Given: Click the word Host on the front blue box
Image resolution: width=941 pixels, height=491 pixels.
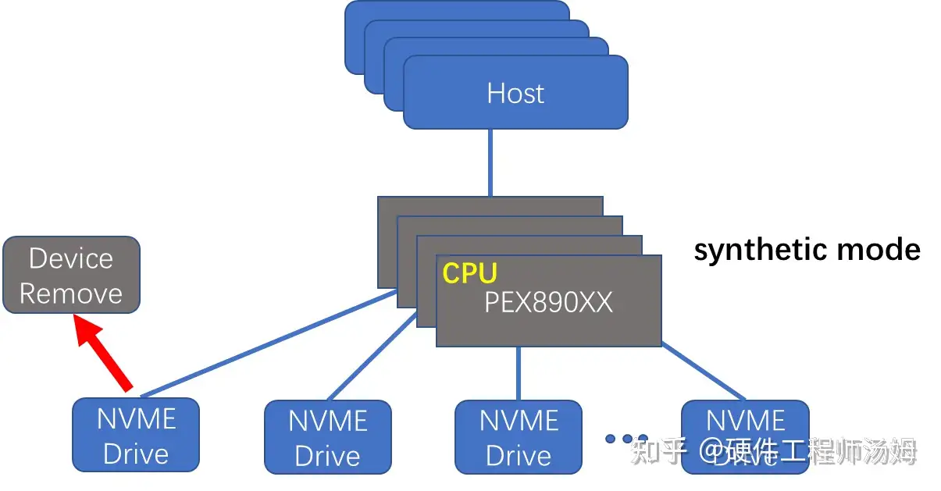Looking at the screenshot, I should point(515,94).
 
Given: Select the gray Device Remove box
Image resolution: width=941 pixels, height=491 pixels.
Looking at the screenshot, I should point(71,276).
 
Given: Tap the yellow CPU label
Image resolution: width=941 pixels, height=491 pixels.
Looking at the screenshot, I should point(470,273).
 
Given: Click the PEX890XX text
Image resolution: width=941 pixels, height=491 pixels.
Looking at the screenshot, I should point(548,302).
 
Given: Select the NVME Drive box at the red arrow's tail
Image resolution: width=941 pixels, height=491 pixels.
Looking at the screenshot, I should point(136,435).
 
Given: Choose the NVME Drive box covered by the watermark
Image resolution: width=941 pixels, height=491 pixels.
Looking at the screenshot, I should point(745,436).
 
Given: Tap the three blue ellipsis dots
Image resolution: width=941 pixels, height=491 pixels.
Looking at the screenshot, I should point(627,439).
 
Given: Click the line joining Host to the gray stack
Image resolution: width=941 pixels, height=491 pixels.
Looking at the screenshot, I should point(490,162).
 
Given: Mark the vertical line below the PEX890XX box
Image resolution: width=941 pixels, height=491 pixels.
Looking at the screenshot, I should point(519,373).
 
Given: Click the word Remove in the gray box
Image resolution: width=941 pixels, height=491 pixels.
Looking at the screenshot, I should point(71,294).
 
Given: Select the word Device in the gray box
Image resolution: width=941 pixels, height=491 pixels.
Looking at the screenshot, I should point(71,258).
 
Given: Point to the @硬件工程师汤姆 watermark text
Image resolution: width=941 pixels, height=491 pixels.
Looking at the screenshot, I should point(807,451).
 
